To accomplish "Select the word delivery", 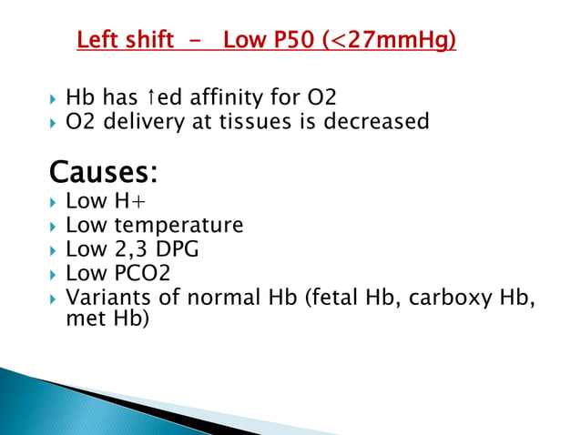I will (143, 120).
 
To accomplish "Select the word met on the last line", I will (85, 319).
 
